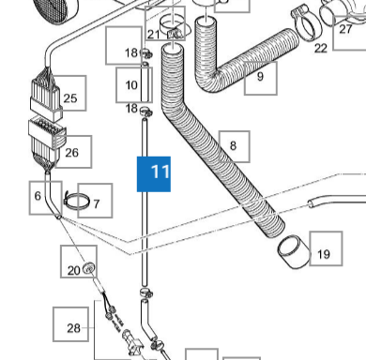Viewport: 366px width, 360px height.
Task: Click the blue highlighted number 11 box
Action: [154, 174]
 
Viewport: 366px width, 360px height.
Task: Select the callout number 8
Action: [233, 145]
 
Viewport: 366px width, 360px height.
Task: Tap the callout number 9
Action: [260, 76]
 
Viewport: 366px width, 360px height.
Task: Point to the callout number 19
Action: [324, 254]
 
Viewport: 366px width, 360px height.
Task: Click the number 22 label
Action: [321, 48]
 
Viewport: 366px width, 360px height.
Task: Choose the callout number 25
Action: [70, 98]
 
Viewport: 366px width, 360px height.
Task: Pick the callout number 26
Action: [71, 153]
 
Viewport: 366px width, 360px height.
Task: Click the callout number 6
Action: [38, 196]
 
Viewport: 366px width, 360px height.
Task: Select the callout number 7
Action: [97, 204]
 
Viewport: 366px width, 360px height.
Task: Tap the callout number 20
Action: [74, 270]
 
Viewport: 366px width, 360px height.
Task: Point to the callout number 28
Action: [73, 328]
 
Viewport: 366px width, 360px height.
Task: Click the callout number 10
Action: [131, 85]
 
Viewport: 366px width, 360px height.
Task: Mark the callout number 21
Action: [153, 35]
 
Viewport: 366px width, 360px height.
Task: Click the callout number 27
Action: [345, 29]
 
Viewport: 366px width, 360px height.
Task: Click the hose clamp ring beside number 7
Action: [77, 202]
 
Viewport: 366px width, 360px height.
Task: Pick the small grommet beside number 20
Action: [89, 268]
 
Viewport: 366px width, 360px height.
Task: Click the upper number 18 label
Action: [131, 53]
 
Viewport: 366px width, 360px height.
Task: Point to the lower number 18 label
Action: [131, 109]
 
